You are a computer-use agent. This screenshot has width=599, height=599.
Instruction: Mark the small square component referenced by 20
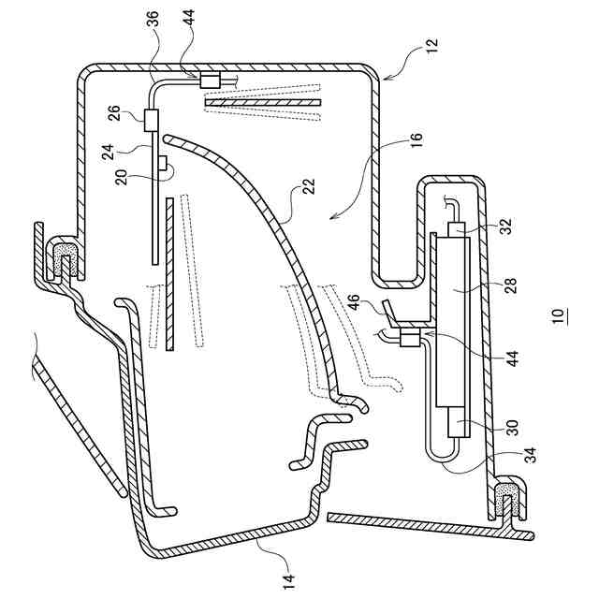point(163,163)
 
